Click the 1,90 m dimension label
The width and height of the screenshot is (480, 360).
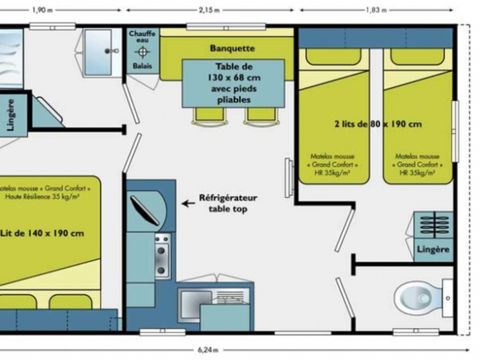click(x=41, y=9)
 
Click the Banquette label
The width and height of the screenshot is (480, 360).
click(x=232, y=47)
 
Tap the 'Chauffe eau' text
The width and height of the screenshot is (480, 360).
click(x=142, y=37)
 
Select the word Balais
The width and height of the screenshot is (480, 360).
click(x=142, y=67)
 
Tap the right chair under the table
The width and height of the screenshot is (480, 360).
click(x=258, y=113)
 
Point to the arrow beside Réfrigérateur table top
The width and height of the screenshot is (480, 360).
click(x=187, y=201)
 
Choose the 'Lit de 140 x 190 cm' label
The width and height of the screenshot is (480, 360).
click(x=42, y=233)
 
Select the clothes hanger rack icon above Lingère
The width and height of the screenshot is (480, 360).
click(x=432, y=225)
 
